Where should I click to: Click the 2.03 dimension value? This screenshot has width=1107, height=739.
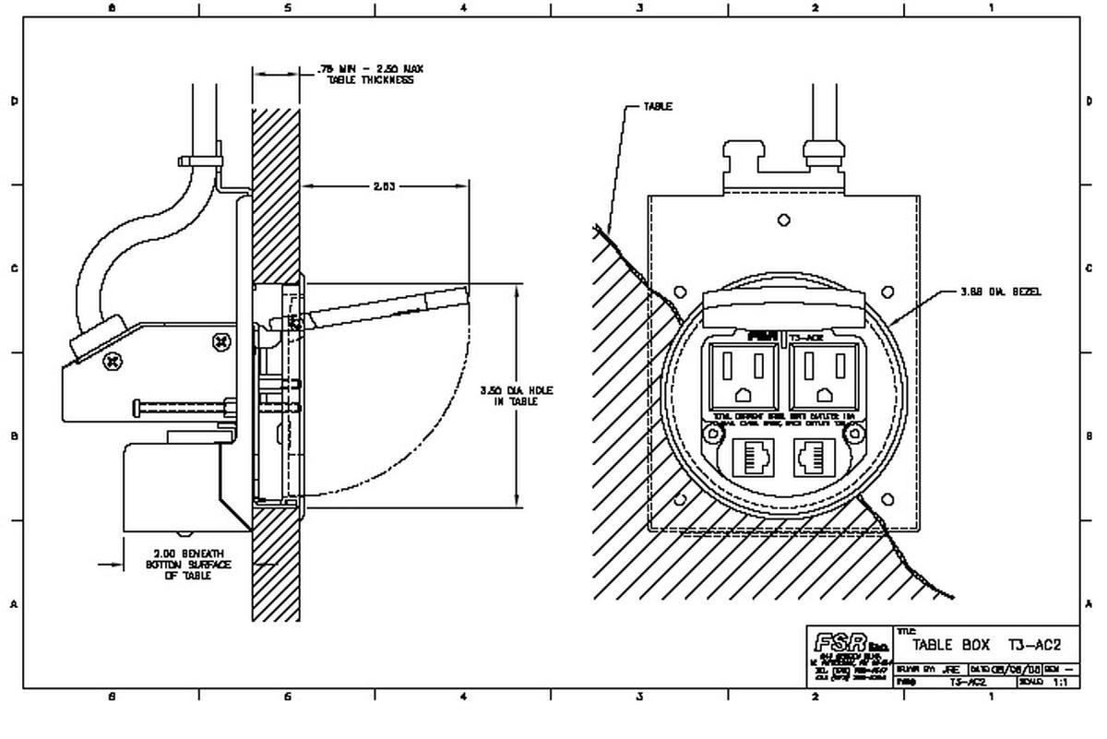pyautogui.click(x=383, y=186)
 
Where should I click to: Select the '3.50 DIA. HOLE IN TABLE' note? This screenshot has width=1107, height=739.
pyautogui.click(x=517, y=396)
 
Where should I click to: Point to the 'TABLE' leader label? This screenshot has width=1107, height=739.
pyautogui.click(x=658, y=106)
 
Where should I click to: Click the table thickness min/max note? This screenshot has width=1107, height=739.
pyautogui.click(x=370, y=75)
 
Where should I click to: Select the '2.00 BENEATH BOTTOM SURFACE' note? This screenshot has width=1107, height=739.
pyautogui.click(x=189, y=565)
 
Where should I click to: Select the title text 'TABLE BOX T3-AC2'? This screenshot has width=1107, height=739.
pyautogui.click(x=987, y=645)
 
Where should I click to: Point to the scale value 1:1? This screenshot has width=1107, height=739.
pyautogui.click(x=1059, y=682)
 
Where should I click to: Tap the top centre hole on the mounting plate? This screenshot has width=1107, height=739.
pyautogui.click(x=784, y=221)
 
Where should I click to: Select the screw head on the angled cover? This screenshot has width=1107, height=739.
pyautogui.click(x=112, y=362)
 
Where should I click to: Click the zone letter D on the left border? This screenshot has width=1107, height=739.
pyautogui.click(x=13, y=101)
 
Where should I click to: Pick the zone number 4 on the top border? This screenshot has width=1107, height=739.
pyautogui.click(x=463, y=8)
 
